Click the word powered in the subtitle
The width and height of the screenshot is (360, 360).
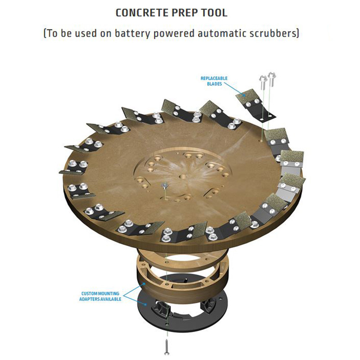coord(171,34)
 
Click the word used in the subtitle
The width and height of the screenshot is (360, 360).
coord(79,34)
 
